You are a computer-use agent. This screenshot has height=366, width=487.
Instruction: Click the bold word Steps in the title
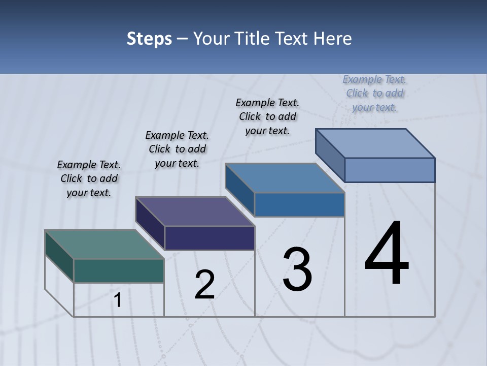[x=149, y=39]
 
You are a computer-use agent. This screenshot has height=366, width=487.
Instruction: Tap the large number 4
[x=387, y=254]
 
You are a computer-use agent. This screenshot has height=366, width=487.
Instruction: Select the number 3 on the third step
[x=297, y=269]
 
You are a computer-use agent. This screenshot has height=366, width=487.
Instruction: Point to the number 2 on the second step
[x=204, y=284]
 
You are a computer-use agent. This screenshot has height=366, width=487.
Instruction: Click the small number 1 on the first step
[x=118, y=300]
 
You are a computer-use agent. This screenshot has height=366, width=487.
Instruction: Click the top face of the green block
[x=104, y=245]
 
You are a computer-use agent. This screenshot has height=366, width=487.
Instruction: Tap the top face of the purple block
[x=195, y=211]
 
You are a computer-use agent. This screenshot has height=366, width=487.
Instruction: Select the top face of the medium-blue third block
[x=285, y=178]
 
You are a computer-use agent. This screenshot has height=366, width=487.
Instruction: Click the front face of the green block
[x=119, y=271]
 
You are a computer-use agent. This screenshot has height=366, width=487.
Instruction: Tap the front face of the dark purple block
[x=210, y=238]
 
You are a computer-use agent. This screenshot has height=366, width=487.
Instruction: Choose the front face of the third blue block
[x=299, y=205]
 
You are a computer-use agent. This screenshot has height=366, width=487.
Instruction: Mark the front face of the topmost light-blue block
[x=390, y=170]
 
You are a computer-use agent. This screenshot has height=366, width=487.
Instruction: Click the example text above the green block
[x=89, y=178]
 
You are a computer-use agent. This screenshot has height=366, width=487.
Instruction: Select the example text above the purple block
[x=177, y=149]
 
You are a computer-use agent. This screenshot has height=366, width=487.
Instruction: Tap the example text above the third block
[x=267, y=116]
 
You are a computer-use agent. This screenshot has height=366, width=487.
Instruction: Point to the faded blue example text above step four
[x=374, y=93]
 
